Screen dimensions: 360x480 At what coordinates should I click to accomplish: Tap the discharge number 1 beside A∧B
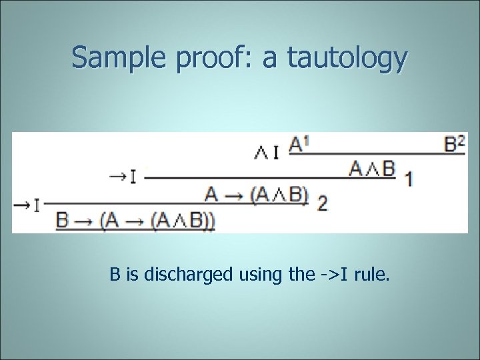[408, 179]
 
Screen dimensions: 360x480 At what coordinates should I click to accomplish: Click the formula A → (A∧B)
[257, 195]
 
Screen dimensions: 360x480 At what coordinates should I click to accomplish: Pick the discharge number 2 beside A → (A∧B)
[323, 203]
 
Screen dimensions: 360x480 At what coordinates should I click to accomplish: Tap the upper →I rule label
[124, 177]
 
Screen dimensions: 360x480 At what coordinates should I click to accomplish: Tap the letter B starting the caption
[115, 273]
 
